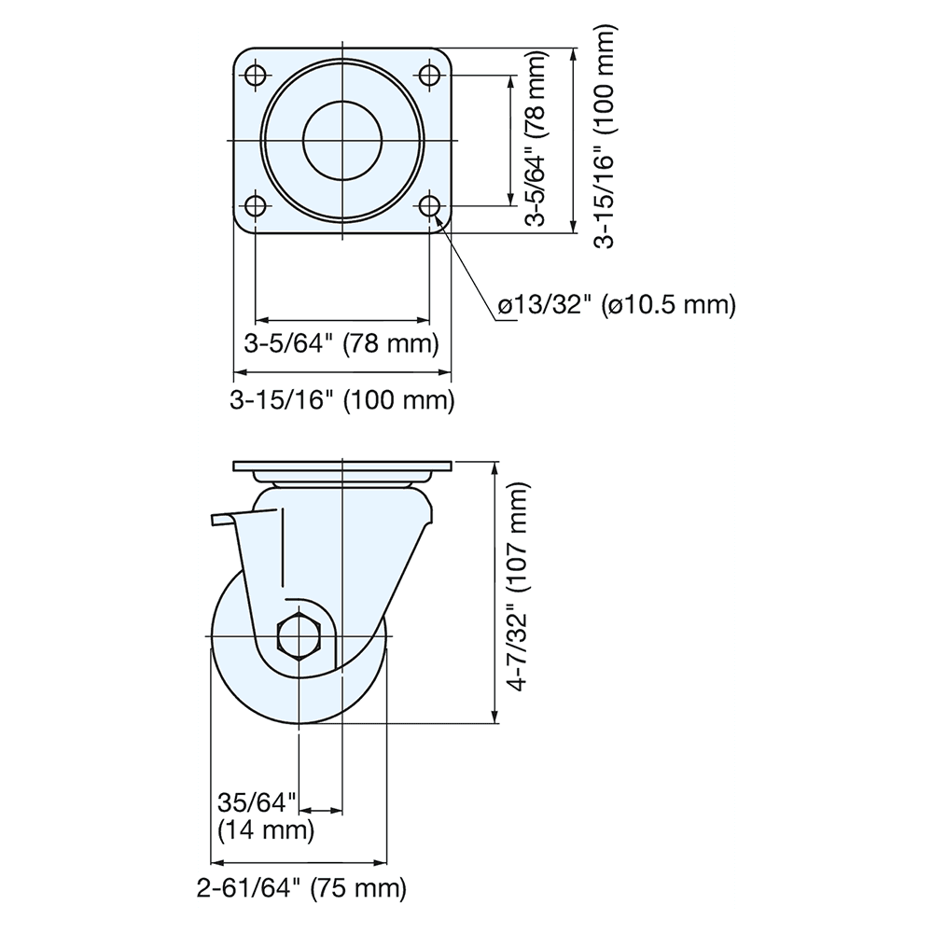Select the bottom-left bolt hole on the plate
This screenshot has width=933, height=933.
254,204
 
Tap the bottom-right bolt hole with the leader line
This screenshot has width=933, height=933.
429,204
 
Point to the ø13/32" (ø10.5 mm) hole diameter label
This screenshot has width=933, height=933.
616,304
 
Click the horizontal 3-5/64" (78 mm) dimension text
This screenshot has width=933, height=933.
341,343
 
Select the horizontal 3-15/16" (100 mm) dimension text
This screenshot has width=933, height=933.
341,401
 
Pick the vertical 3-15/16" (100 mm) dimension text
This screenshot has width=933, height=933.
606,139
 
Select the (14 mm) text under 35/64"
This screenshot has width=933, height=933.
264,828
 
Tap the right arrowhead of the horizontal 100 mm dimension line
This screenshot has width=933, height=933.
447,375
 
